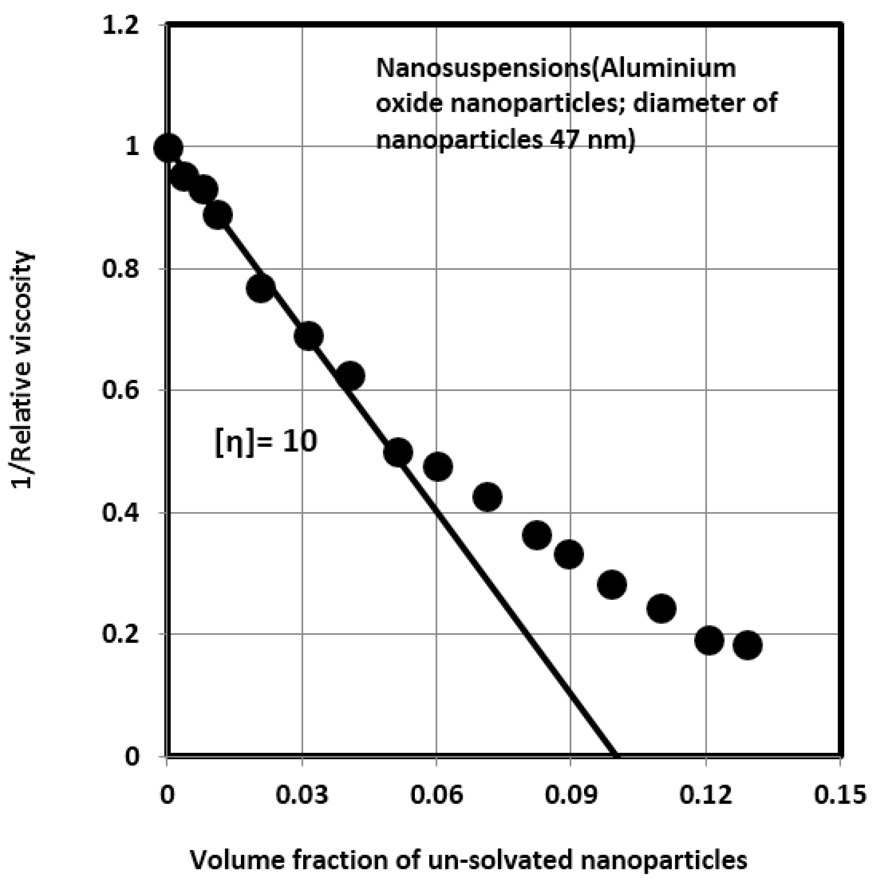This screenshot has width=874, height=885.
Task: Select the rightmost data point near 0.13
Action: (x=747, y=645)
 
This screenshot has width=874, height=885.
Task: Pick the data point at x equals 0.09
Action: (x=569, y=554)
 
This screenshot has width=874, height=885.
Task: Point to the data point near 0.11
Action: (x=661, y=608)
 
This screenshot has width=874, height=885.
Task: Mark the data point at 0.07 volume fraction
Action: (x=487, y=497)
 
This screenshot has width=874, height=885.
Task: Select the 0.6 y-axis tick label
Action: (x=120, y=390)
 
